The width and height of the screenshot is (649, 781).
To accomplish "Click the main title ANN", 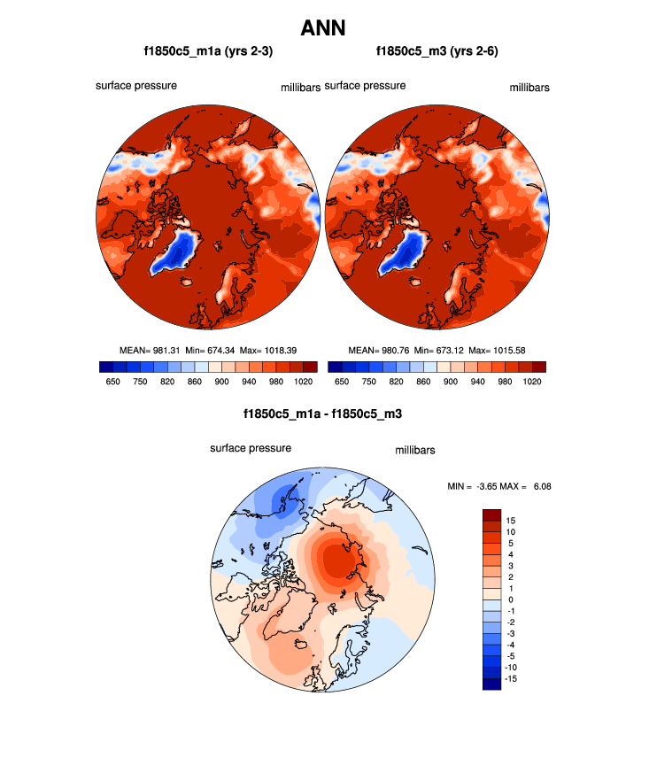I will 323,28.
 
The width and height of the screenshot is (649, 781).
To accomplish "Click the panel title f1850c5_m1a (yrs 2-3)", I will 208,51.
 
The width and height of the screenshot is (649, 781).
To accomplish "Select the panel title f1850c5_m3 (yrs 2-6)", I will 437,51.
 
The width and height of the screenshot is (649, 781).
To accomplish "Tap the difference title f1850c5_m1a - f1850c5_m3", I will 323,414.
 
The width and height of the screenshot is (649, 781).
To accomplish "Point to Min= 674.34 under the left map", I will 211,350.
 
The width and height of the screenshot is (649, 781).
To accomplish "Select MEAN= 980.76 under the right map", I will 378,350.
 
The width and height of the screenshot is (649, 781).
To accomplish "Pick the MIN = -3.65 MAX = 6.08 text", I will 501,486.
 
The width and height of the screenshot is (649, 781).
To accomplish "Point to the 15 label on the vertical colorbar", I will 511,520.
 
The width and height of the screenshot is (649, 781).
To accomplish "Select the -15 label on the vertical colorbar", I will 511,678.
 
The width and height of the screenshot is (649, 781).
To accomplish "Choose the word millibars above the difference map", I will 414,451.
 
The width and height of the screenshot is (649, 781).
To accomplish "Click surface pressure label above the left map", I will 136,86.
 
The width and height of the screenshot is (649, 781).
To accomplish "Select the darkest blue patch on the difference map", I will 283,501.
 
